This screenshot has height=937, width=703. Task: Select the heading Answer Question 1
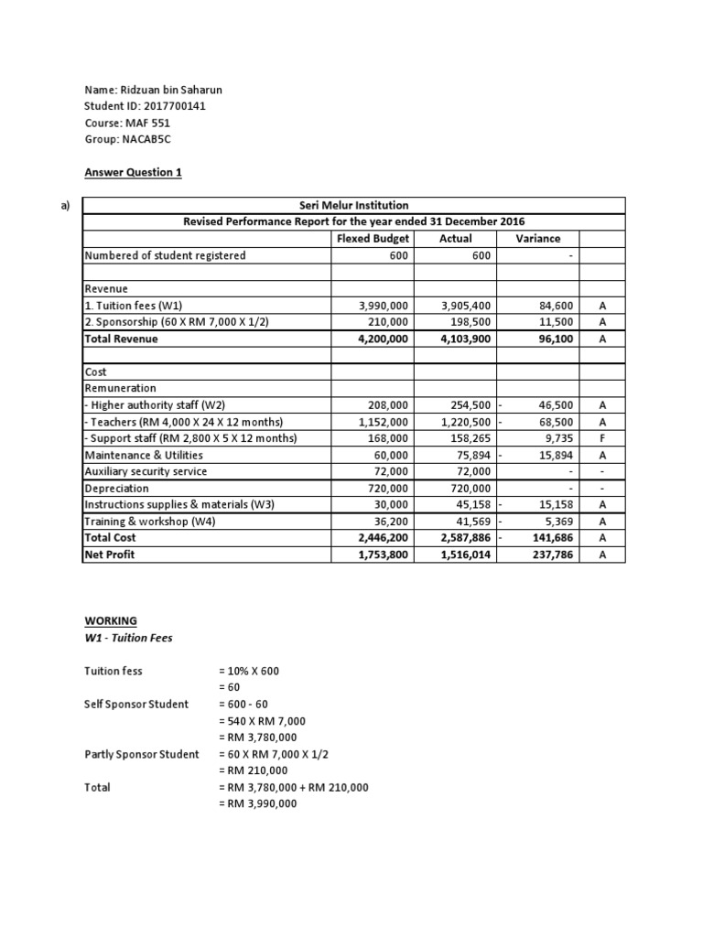point(133,172)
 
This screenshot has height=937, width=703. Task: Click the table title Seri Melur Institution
point(353,205)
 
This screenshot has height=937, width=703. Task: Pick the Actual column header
point(456,239)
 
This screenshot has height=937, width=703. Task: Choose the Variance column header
point(538,239)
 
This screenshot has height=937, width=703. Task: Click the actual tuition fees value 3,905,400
point(468,306)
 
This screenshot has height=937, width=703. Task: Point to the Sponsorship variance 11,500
point(552,322)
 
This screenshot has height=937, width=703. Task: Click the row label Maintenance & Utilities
point(144,455)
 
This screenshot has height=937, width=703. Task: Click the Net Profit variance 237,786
point(549,555)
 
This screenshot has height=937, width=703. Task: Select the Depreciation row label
point(117,489)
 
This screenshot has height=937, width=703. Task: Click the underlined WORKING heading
point(110,620)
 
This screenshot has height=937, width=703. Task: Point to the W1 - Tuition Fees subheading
point(128,638)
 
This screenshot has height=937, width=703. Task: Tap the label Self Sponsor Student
point(136,704)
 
